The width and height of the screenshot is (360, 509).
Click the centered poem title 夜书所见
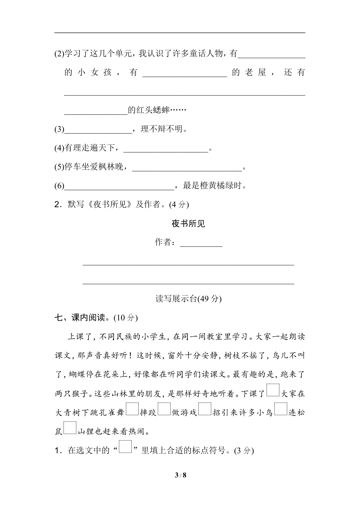pos(188,223)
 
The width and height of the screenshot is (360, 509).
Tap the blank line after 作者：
pos(201,243)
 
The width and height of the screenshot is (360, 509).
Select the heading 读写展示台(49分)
pos(188,299)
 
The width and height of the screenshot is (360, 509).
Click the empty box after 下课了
pos(273,390)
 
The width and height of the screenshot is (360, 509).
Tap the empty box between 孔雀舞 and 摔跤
pos(132,409)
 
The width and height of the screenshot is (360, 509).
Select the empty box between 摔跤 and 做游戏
pos(164,409)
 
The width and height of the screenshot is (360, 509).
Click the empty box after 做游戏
pos(205,409)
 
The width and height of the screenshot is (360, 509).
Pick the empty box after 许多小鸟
pos(281,409)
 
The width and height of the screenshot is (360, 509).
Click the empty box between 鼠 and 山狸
pos(70,428)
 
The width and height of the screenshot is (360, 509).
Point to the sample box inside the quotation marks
pos(125,447)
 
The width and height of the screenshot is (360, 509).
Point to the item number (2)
pos(59,54)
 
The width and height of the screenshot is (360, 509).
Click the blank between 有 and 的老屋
pos(184,73)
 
